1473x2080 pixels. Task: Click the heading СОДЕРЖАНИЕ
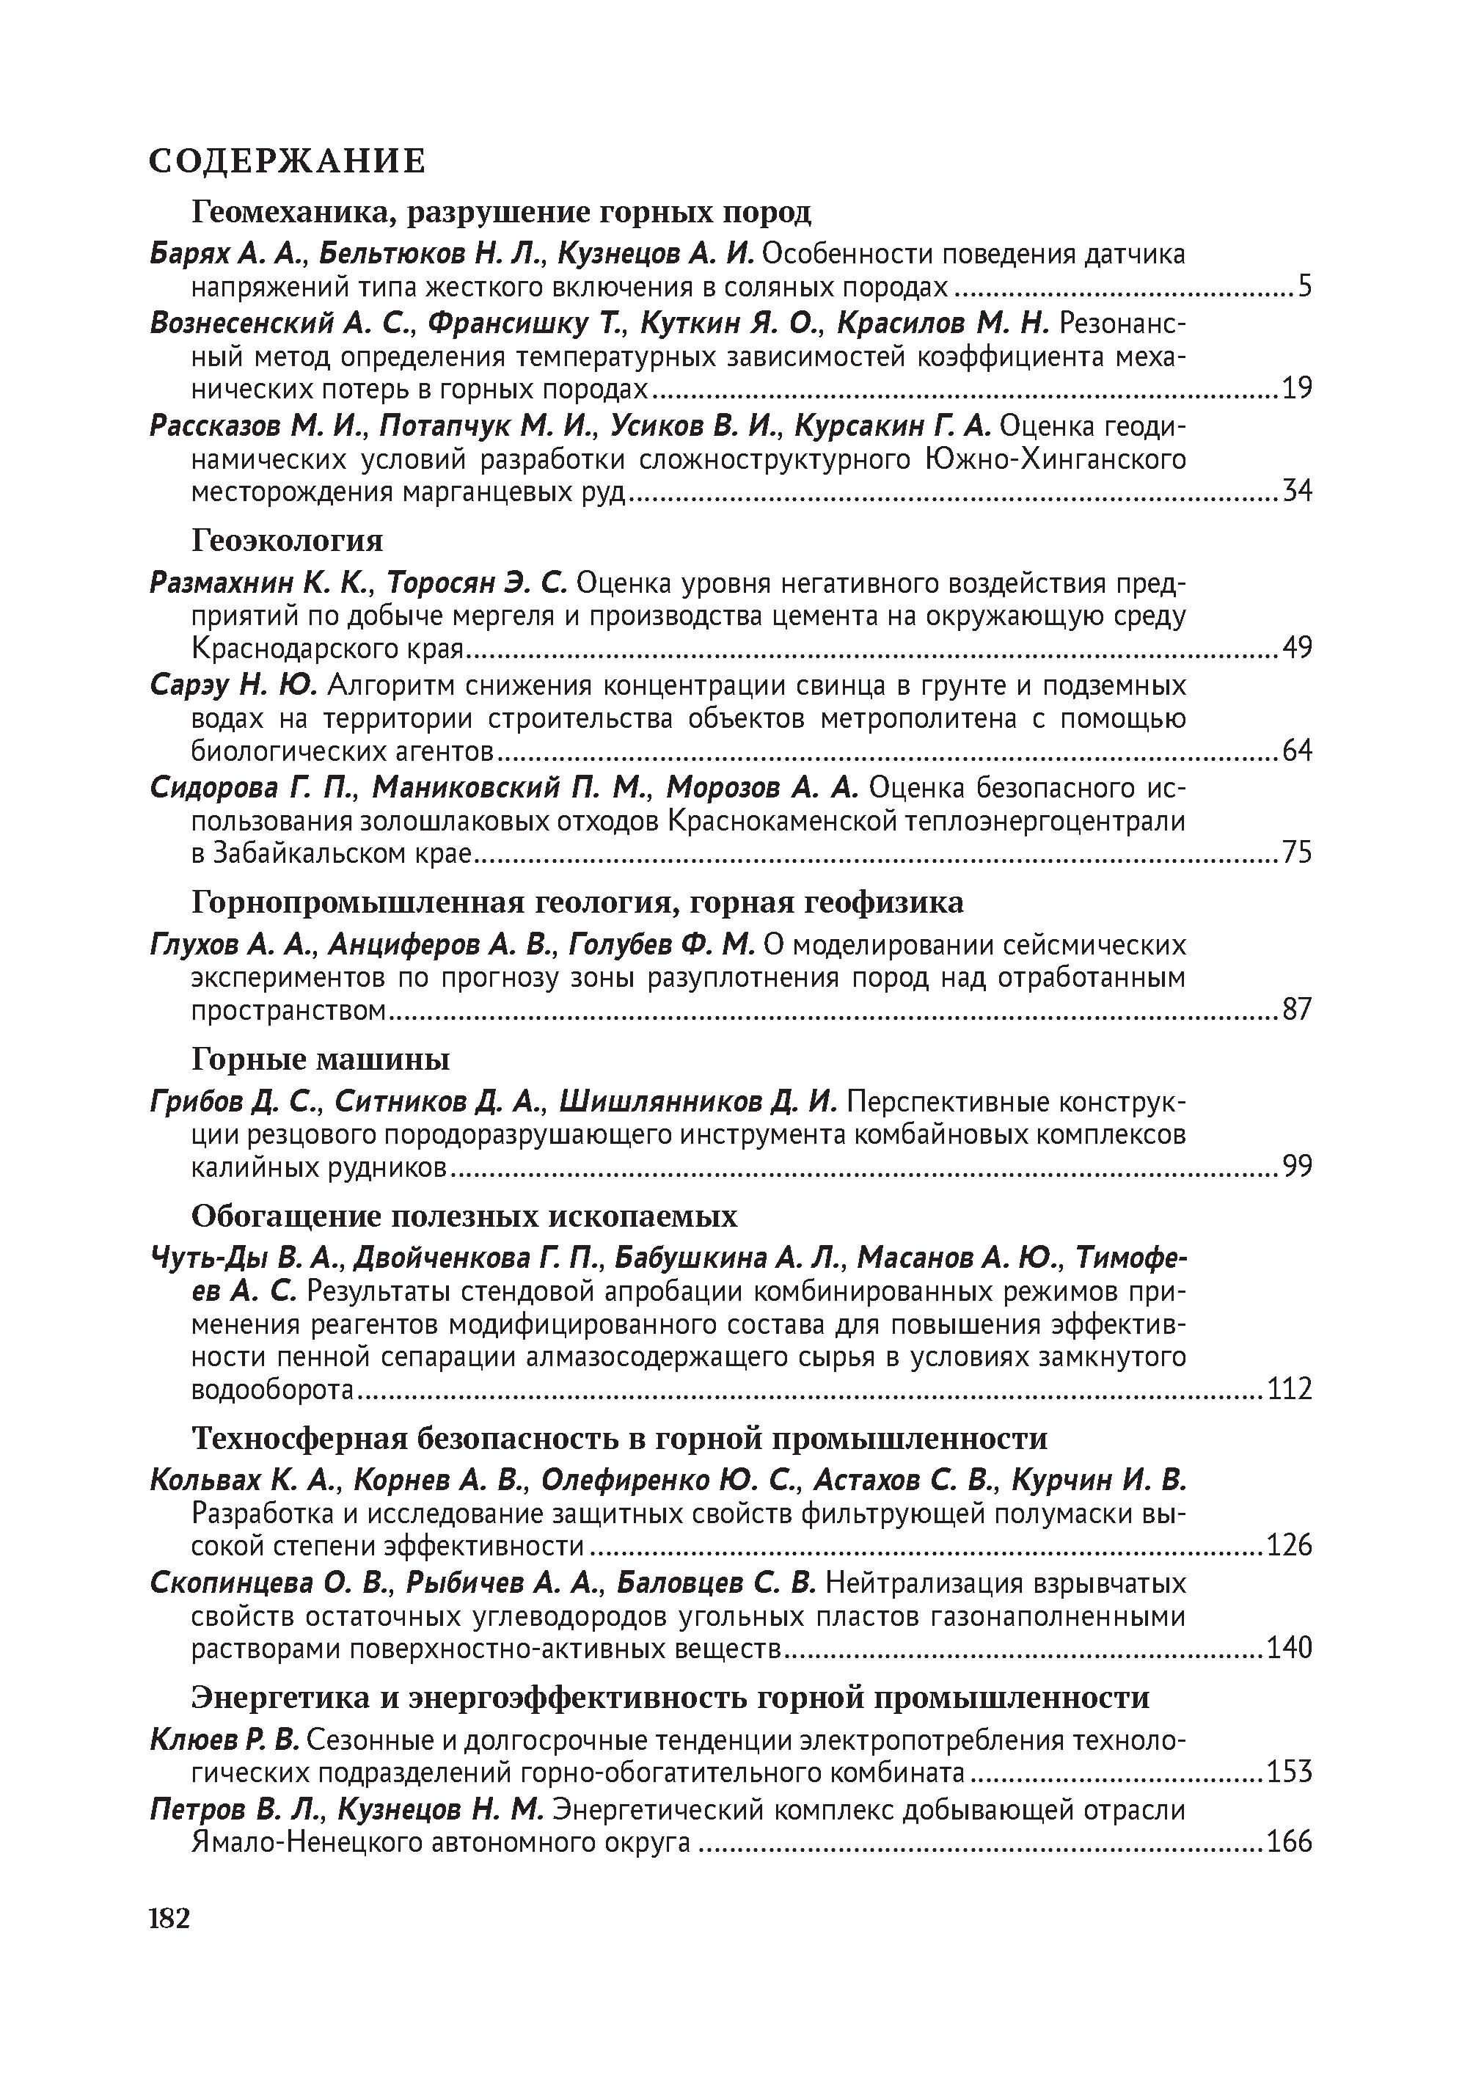point(287,161)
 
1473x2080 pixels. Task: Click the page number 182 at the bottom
point(169,1919)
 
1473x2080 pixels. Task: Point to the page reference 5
point(1304,288)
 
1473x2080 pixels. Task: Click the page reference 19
point(1297,389)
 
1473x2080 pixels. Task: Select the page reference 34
point(1297,492)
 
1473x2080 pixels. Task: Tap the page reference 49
point(1297,648)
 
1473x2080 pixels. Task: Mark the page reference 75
point(1297,853)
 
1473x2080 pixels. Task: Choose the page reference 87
point(1297,1009)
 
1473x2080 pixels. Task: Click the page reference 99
point(1297,1166)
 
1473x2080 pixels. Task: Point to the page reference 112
point(1289,1389)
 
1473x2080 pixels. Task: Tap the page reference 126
point(1289,1545)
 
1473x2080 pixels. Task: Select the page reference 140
point(1289,1647)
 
